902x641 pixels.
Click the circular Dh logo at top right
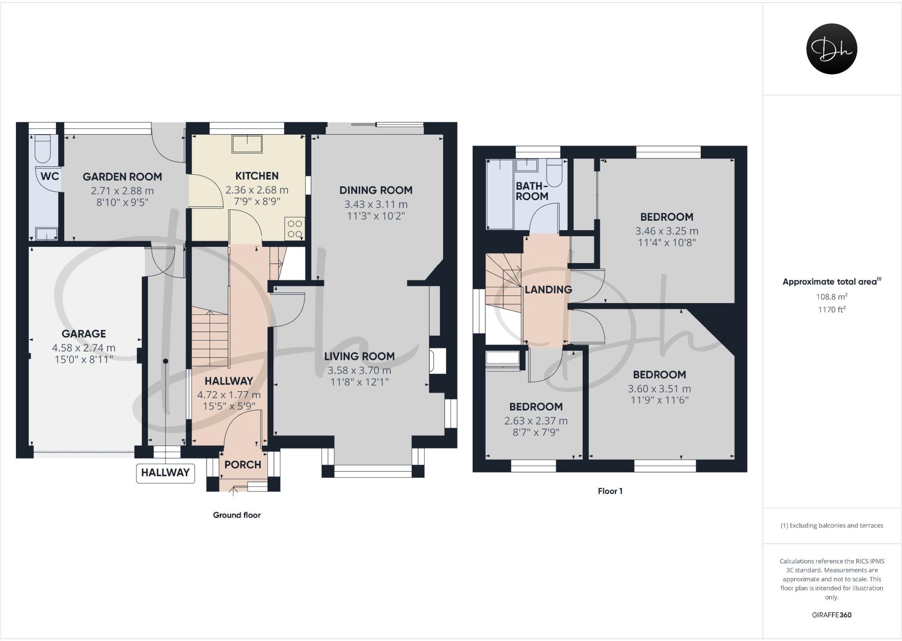tap(831, 49)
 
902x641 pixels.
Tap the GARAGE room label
tap(84, 334)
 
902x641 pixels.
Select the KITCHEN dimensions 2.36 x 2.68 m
tap(257, 190)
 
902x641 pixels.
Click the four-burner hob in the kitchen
tap(295, 229)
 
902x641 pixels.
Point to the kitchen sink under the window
tap(247, 144)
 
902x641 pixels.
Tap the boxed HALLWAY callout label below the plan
tap(165, 473)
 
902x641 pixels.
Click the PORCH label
tap(243, 465)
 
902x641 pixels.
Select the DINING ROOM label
tap(376, 190)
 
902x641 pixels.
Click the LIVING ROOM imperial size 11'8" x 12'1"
tap(359, 382)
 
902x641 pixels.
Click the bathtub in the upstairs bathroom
tap(500, 194)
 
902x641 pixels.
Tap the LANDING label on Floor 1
tap(548, 289)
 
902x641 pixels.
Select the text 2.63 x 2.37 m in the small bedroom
tap(536, 421)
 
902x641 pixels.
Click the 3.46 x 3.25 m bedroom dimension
tap(666, 231)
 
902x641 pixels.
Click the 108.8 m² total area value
tap(832, 297)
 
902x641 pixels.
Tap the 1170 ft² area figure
tap(832, 310)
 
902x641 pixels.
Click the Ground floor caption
tap(237, 515)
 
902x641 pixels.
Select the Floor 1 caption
tap(610, 491)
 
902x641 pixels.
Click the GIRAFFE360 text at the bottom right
tap(832, 615)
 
